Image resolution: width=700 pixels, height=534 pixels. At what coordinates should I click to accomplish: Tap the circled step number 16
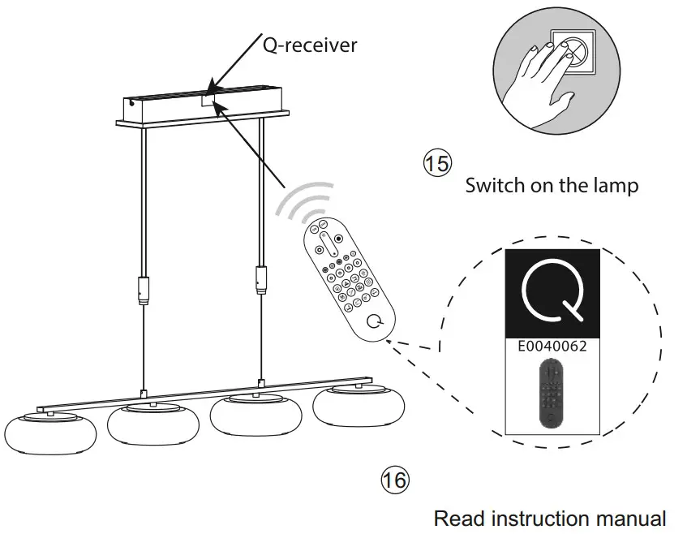(395, 480)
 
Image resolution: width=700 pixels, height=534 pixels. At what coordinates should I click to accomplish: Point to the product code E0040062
(552, 345)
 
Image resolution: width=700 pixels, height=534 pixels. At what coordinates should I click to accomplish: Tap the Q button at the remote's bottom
(376, 321)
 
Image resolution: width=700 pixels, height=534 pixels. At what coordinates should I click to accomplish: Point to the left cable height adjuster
(144, 290)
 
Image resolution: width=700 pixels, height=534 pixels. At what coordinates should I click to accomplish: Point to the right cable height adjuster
(260, 280)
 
